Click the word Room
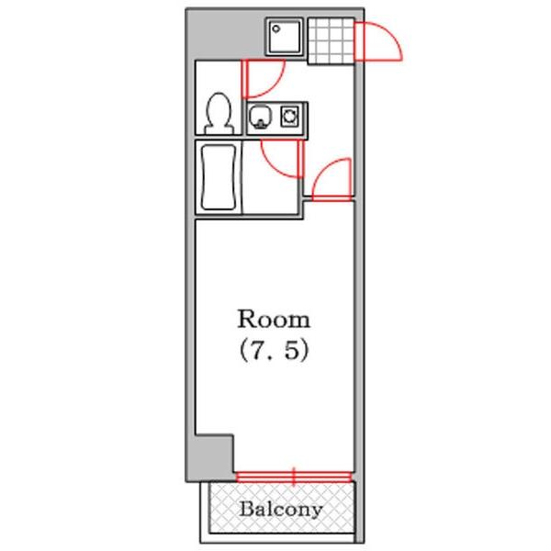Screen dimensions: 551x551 274,320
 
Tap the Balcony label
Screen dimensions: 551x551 281,509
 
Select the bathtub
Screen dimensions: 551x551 218,177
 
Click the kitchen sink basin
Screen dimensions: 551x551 261,117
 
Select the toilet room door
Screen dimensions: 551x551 262,78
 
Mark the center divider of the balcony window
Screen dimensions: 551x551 294,476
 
